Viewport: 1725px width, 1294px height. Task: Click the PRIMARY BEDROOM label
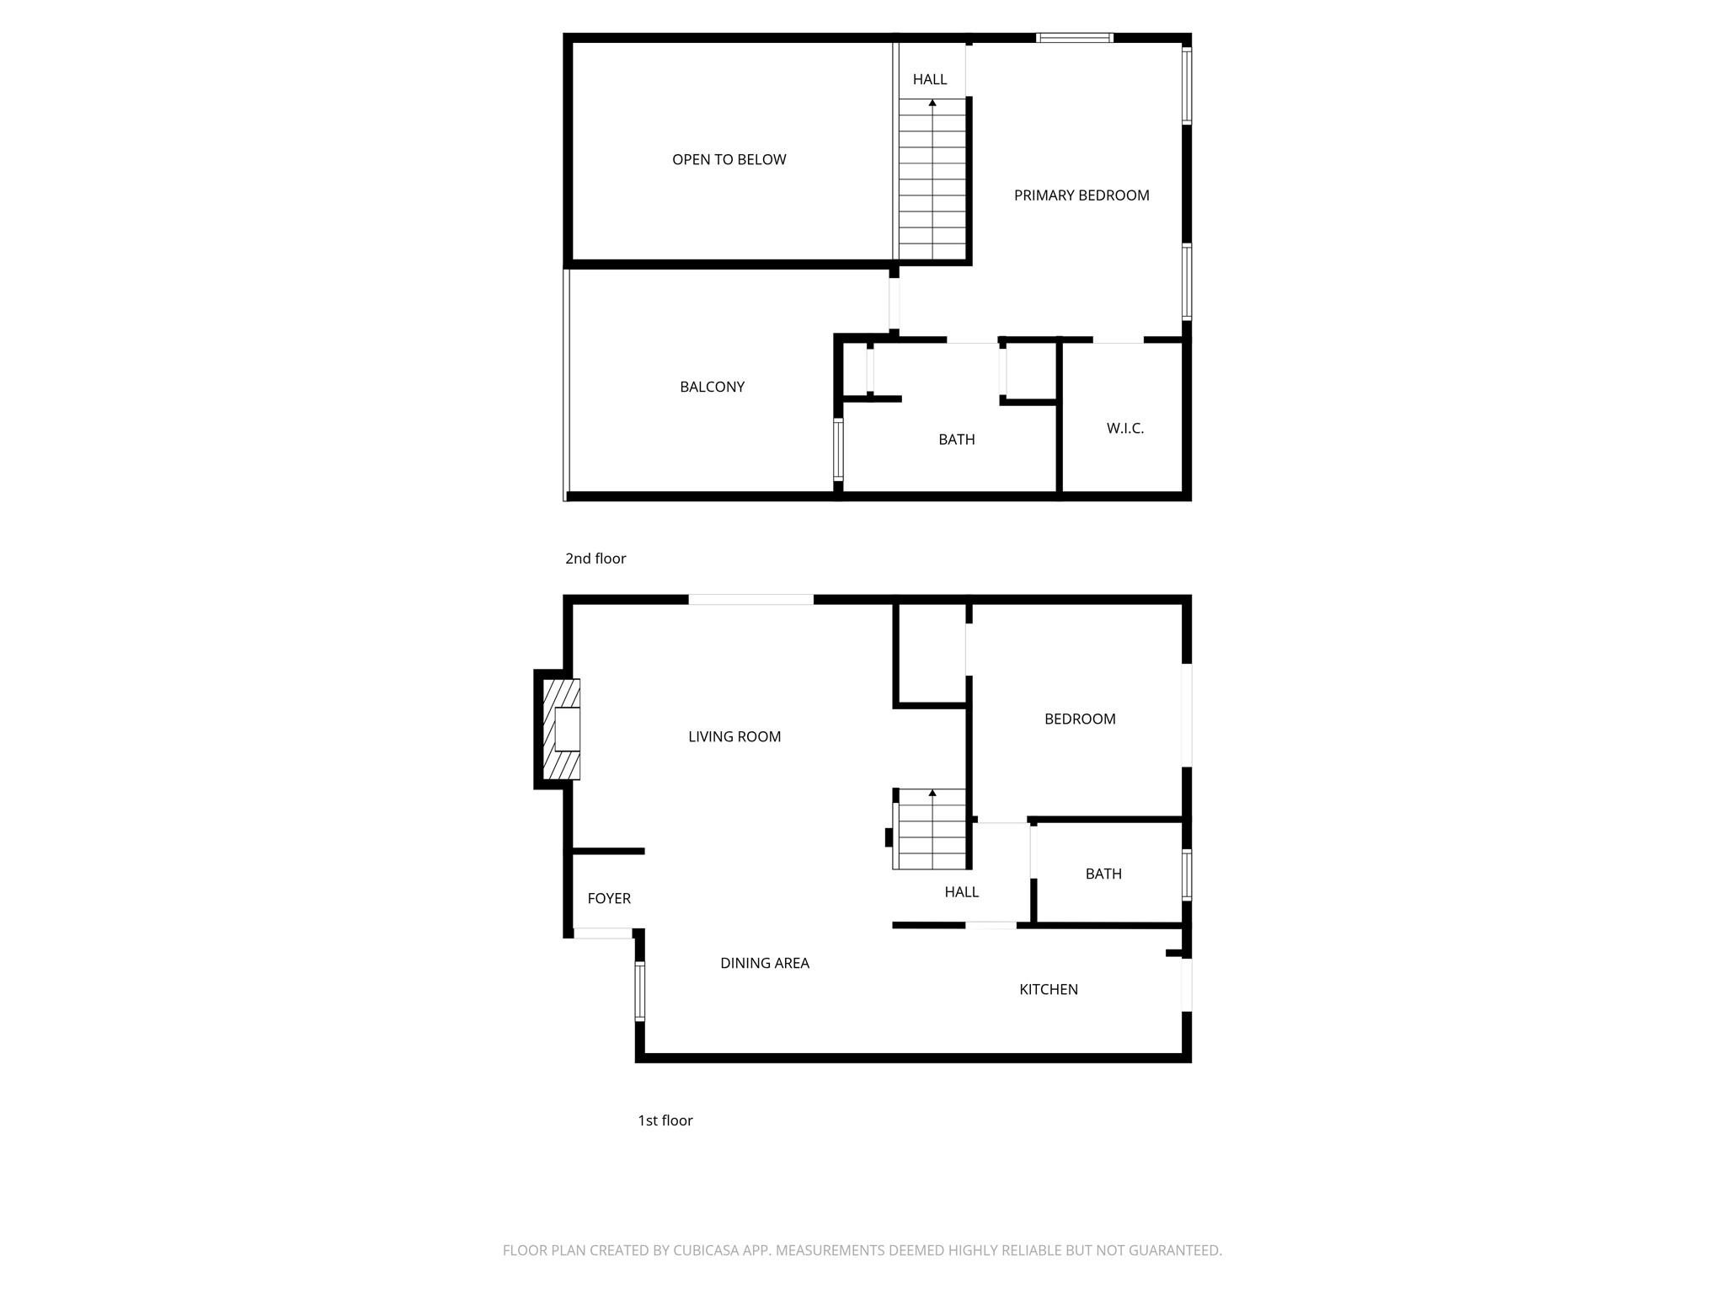(x=1081, y=195)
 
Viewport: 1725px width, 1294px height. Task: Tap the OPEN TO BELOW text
(x=729, y=159)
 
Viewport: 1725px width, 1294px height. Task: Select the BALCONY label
(x=712, y=387)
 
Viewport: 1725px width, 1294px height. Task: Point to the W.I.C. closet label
(x=1124, y=428)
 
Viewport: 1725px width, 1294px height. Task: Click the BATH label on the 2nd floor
(x=956, y=439)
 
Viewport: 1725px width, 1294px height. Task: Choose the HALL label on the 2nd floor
(x=929, y=79)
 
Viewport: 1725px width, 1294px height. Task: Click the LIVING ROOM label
(x=734, y=736)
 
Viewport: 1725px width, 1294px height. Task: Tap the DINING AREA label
(x=764, y=963)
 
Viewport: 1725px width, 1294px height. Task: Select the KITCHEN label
(x=1048, y=989)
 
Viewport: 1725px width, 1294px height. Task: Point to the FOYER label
(x=608, y=898)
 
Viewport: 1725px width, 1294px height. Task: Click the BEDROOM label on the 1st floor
(x=1079, y=719)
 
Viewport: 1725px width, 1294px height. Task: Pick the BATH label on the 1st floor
(x=1103, y=874)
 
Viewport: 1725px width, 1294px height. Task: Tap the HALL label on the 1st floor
(x=961, y=891)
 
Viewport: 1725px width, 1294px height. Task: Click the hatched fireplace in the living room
(x=560, y=729)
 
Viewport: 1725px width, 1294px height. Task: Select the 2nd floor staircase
(x=932, y=179)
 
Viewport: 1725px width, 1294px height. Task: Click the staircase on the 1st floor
(x=931, y=830)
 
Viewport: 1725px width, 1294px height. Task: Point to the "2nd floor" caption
(x=595, y=559)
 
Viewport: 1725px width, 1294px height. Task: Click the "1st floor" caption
(x=665, y=1120)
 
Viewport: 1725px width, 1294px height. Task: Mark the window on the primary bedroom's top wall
(x=1074, y=38)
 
